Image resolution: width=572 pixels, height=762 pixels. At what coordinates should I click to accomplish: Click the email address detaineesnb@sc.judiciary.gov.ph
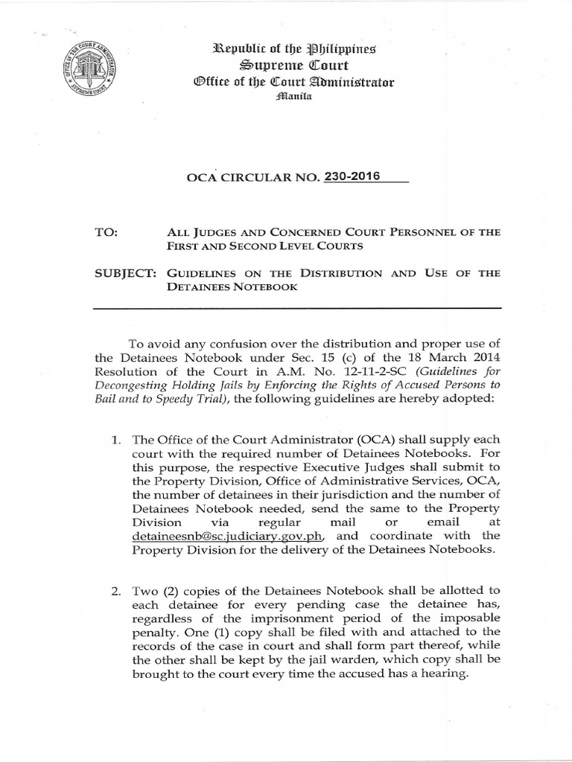click(x=226, y=536)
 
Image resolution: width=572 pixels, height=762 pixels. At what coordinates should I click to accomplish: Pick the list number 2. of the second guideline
click(x=115, y=592)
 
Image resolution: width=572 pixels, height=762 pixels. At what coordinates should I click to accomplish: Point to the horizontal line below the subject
click(x=296, y=307)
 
